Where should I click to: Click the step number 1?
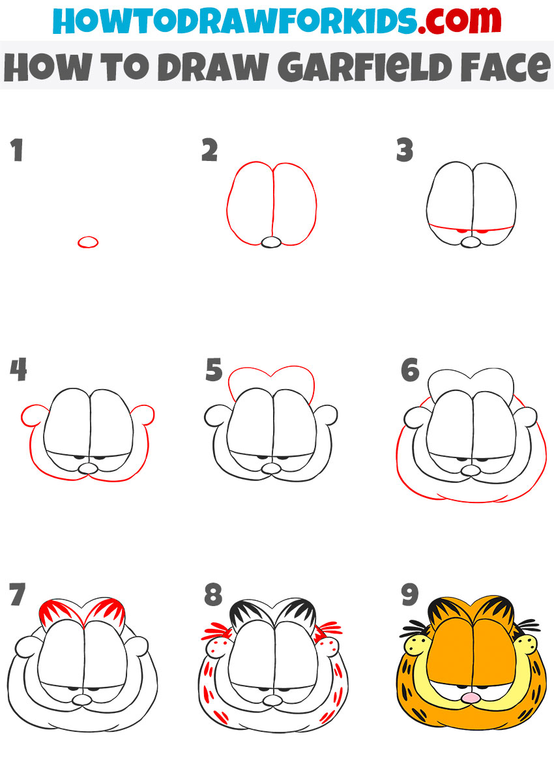pyautogui.click(x=16, y=150)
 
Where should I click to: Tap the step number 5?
pyautogui.click(x=214, y=370)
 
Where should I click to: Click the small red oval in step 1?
pyautogui.click(x=88, y=242)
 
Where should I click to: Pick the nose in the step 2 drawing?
pyautogui.click(x=271, y=242)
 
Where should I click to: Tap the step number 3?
pyautogui.click(x=405, y=150)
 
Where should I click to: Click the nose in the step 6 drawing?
pyautogui.click(x=469, y=469)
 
